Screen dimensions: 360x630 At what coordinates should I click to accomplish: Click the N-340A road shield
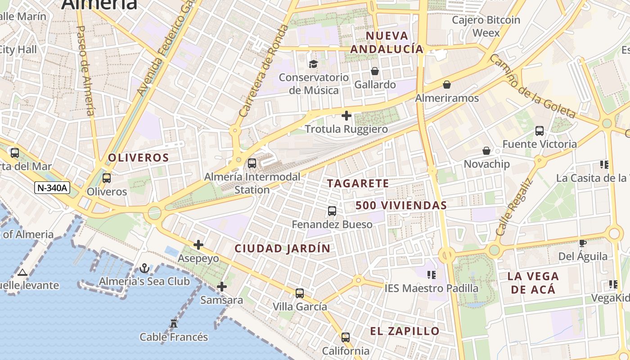[x=52, y=188]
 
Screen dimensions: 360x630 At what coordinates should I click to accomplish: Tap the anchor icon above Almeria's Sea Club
[x=144, y=269]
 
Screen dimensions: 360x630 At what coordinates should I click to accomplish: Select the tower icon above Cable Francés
[x=174, y=323]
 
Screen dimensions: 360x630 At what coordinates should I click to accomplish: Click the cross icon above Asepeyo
[x=198, y=245]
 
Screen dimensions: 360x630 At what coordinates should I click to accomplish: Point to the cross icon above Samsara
[x=221, y=286]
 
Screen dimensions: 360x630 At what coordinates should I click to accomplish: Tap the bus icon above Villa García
[x=300, y=293]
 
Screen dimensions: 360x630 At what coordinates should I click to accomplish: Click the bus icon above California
[x=345, y=337]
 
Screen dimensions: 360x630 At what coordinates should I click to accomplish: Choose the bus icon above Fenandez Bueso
[x=332, y=211]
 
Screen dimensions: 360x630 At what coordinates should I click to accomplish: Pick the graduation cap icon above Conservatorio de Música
[x=313, y=64]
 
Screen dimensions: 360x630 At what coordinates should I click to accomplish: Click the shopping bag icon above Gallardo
[x=374, y=71]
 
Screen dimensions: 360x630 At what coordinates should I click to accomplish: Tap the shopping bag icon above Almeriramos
[x=447, y=85]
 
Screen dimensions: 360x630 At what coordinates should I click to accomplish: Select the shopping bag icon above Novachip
[x=486, y=151]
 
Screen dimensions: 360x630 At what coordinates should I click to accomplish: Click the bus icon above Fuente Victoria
[x=539, y=131]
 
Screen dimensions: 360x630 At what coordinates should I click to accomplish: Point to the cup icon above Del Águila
[x=582, y=243]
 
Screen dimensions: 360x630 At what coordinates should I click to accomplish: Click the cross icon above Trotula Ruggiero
[x=346, y=116]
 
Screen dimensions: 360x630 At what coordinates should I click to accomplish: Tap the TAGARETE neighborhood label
[x=358, y=184]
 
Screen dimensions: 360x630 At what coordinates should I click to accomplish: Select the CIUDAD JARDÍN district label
[x=282, y=248]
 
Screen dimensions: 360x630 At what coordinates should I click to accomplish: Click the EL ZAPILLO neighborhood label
[x=405, y=331]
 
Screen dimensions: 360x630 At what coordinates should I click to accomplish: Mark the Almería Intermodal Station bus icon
[x=252, y=163]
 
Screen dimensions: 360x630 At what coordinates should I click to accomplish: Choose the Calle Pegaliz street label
[x=514, y=208]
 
